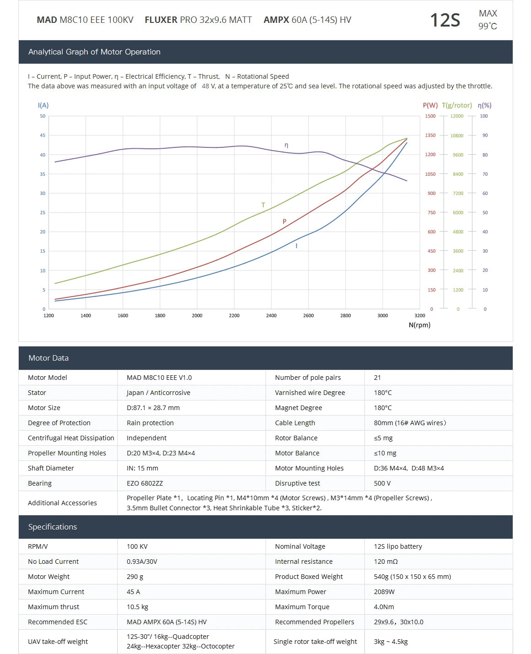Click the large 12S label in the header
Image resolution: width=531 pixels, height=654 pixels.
tap(444, 20)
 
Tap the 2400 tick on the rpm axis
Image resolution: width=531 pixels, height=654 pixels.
tap(271, 315)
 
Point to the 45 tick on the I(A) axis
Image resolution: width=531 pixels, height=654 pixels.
tap(43, 135)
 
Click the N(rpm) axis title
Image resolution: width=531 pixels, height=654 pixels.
tap(419, 325)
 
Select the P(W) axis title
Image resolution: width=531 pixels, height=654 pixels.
tap(430, 105)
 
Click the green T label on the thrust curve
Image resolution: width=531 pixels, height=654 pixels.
tap(263, 205)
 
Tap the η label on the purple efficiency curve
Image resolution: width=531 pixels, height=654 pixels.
tap(287, 146)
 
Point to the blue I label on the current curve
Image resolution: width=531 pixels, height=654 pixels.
tap(297, 246)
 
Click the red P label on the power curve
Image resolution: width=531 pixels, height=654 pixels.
tap(284, 222)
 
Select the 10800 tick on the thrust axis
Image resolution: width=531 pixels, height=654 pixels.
tap(456, 135)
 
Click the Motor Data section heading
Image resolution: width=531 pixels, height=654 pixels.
tap(49, 358)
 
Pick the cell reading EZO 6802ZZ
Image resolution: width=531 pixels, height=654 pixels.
tap(145, 483)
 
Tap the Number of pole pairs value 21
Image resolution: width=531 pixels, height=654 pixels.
tap(377, 378)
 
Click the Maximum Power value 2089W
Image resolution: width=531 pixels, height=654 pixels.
tap(384, 592)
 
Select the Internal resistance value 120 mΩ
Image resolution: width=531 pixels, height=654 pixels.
tap(385, 562)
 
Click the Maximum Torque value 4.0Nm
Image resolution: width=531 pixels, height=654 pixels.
tap(384, 607)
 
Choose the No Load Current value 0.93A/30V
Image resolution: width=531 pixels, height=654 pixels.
tap(142, 562)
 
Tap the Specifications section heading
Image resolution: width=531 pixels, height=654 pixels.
tap(53, 527)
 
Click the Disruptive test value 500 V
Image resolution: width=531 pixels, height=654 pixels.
tap(382, 483)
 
